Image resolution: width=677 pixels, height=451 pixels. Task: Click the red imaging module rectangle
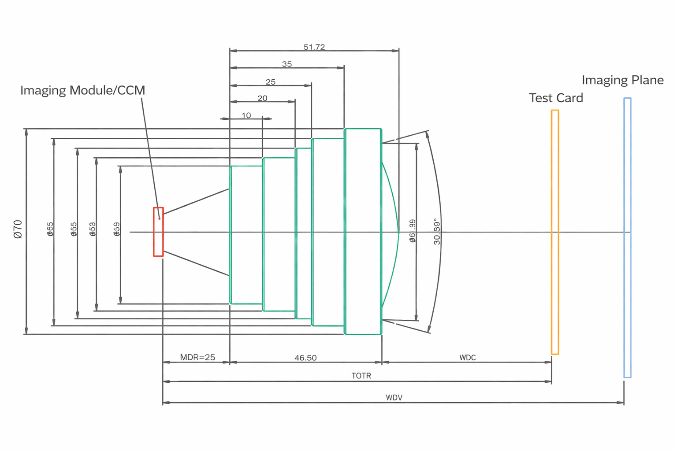coord(158,232)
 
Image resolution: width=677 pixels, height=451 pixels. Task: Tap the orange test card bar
coord(555,232)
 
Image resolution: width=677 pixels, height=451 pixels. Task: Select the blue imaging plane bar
coord(627,238)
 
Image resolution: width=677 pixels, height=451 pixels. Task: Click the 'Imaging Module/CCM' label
coord(82,90)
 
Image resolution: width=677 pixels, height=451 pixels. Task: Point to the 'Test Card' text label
coord(556,98)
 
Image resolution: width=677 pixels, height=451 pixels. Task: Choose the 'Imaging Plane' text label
coord(622,80)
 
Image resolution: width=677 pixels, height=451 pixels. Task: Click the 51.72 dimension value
coord(314,47)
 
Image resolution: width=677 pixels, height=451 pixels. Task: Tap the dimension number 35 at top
coord(287,64)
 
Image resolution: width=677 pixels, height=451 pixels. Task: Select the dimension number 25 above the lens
coord(271,82)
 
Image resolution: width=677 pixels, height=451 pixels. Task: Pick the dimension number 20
coord(262,98)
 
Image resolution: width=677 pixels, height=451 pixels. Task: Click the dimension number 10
coord(246,115)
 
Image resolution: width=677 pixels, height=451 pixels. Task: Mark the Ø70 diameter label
coord(18,229)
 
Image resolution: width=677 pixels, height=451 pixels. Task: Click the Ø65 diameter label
coord(50,229)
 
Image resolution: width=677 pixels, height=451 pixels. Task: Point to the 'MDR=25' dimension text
coord(197,357)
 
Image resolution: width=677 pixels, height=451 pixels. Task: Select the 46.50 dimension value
coord(305,358)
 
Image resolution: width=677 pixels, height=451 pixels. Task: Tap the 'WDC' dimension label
coord(468,358)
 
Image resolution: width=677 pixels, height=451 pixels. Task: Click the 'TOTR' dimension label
coord(361,376)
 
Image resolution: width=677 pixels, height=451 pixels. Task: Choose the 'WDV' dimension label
coord(394,397)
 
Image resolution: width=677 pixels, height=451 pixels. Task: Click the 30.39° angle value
coord(436,231)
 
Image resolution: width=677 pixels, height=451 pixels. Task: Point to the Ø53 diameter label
coord(93,229)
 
